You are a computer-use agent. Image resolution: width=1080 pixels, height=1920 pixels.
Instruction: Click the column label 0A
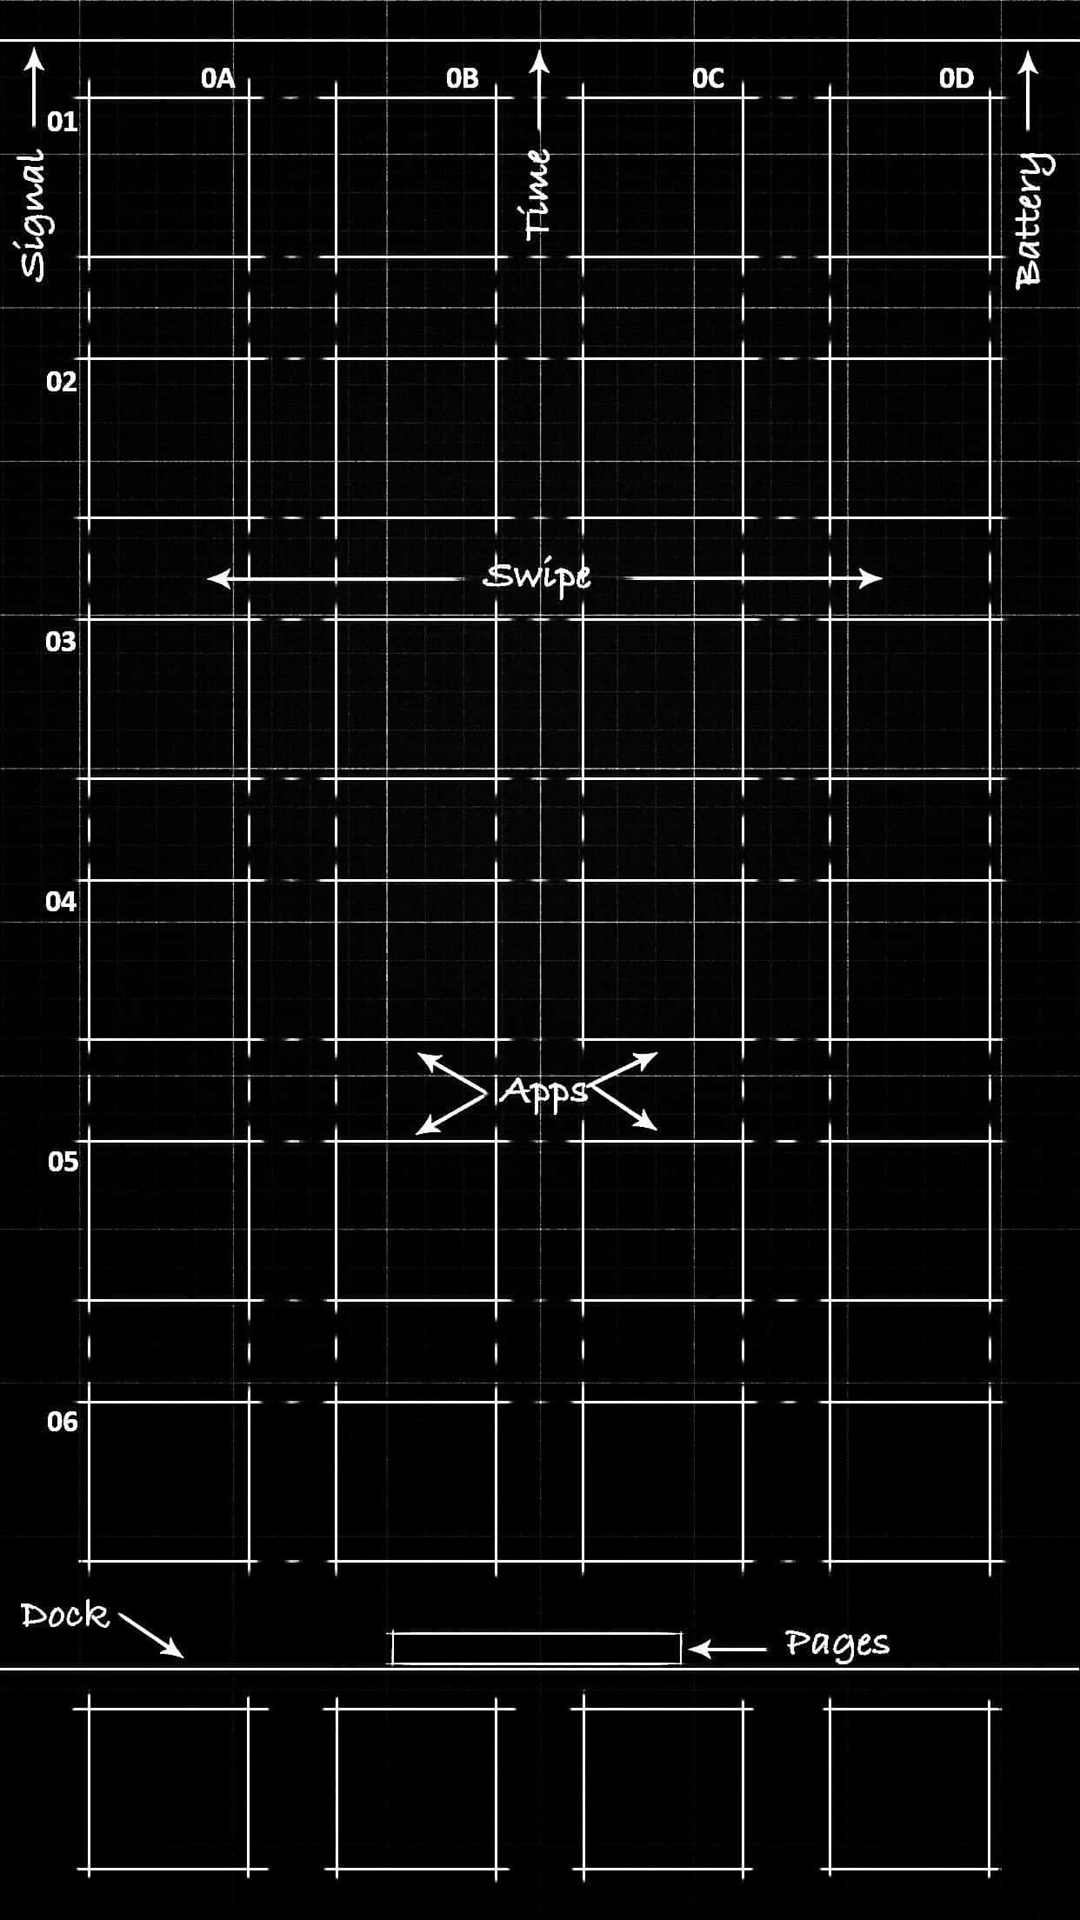point(218,78)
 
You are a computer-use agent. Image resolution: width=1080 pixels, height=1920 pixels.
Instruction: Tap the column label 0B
point(463,78)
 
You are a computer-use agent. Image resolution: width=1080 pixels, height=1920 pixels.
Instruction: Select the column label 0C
point(708,78)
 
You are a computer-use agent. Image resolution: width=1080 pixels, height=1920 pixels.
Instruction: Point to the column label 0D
point(957,78)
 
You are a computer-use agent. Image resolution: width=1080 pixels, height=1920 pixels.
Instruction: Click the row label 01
point(62,122)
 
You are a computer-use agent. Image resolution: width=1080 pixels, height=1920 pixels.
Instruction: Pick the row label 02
point(62,381)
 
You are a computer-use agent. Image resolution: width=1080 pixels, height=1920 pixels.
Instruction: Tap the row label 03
point(61,642)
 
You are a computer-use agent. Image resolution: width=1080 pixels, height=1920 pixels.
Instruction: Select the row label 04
point(61,901)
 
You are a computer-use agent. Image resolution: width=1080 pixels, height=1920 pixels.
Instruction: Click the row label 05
point(63,1161)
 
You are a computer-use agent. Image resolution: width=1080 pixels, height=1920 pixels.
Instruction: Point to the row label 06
point(62,1421)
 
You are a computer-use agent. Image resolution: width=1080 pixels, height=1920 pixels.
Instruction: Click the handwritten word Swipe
point(537,577)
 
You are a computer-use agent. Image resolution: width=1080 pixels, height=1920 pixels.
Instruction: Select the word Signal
point(34,215)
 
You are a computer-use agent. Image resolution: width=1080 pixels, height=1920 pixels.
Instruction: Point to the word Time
point(539,193)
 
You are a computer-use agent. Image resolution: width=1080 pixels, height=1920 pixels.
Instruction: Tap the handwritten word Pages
point(837,1643)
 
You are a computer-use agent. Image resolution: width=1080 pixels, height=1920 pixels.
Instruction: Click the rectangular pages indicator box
point(537,1648)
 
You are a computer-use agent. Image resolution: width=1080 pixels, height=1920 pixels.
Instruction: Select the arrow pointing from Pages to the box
point(728,1648)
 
